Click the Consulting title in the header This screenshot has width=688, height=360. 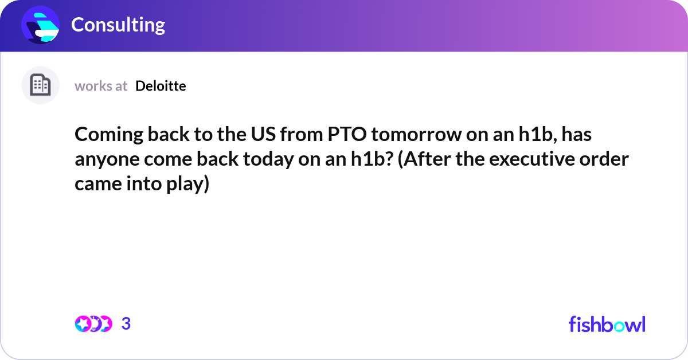click(x=118, y=25)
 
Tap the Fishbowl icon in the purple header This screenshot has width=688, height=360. click(x=41, y=25)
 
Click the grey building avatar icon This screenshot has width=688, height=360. click(x=40, y=85)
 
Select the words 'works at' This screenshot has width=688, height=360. click(x=101, y=86)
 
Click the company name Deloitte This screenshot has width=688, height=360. click(x=161, y=86)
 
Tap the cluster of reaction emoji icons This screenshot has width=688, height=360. click(x=93, y=324)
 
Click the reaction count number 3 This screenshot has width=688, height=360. click(x=126, y=324)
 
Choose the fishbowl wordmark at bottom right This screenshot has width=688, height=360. click(x=607, y=324)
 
